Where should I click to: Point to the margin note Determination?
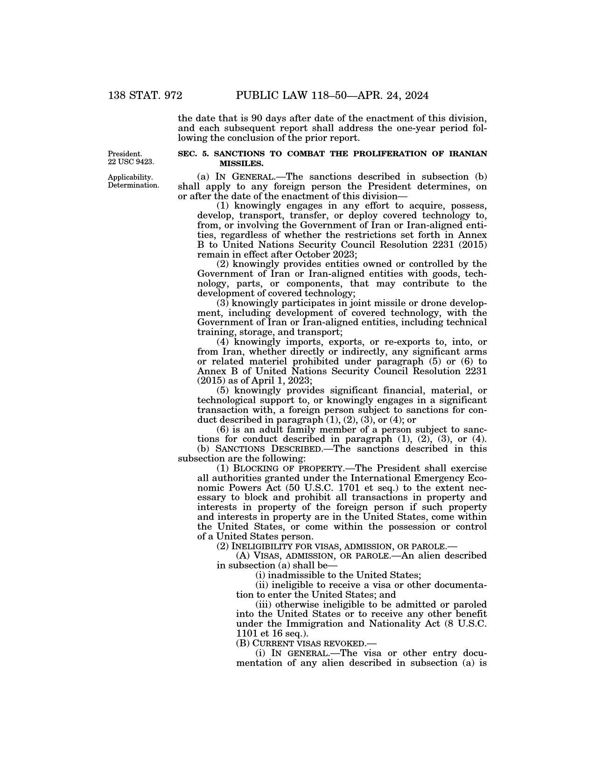pyautogui.click(x=133, y=185)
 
